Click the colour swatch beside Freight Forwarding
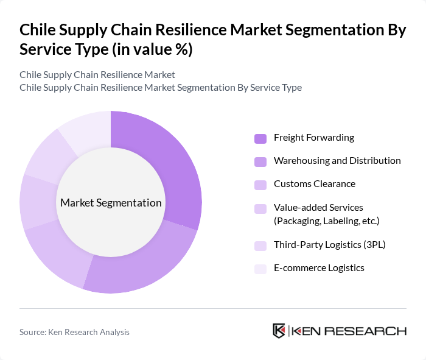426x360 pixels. coord(260,138)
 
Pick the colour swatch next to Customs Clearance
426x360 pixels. coord(260,185)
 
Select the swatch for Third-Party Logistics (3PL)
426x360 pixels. coord(260,245)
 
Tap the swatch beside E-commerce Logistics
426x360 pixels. coord(260,269)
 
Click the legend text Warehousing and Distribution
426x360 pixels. coord(337,161)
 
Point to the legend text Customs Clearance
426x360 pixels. coord(314,184)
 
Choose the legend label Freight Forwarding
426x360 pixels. coord(313,138)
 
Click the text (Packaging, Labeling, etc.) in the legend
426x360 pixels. coord(326,220)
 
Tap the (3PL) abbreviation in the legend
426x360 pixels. coord(373,245)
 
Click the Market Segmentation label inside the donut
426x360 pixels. coord(110,203)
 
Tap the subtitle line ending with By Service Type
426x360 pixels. coord(160,87)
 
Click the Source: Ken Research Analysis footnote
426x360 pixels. coord(74,332)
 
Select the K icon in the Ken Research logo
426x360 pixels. coord(279,331)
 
